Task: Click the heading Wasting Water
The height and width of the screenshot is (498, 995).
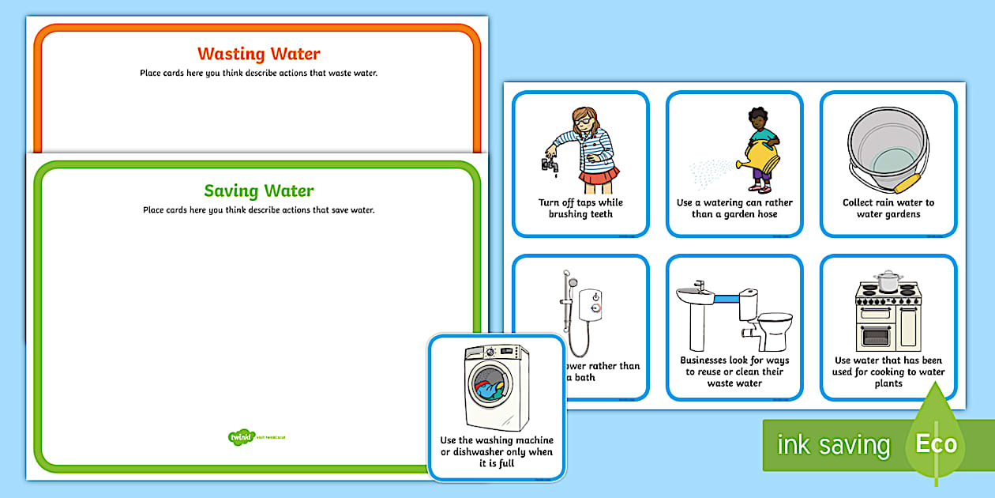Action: click(x=258, y=54)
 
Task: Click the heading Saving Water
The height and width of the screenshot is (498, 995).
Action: click(x=258, y=191)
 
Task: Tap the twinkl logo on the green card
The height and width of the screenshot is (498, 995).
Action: click(x=238, y=436)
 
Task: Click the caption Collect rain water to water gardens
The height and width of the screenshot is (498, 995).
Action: click(x=888, y=208)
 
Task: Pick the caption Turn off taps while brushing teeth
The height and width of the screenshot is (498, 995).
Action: click(x=580, y=208)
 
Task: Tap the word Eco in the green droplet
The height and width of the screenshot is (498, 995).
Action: click(x=936, y=443)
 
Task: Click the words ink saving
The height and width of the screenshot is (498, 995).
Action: click(x=832, y=445)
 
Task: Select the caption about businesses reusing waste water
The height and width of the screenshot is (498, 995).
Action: click(x=734, y=372)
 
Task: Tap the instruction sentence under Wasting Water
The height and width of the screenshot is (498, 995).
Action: click(x=258, y=74)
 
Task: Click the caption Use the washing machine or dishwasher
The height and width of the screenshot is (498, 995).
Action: click(x=497, y=451)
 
